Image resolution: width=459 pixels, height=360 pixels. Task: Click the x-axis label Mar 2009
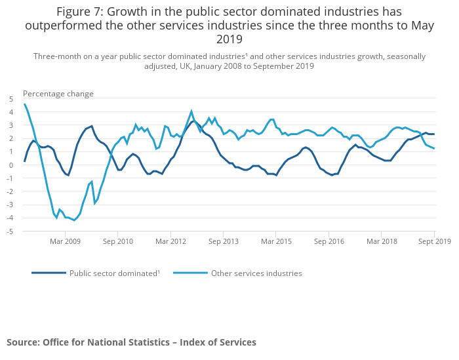pyautogui.click(x=64, y=241)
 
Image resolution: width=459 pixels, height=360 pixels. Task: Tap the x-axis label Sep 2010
pyautogui.click(x=117, y=241)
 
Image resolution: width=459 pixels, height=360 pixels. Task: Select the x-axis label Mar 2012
pyautogui.click(x=170, y=241)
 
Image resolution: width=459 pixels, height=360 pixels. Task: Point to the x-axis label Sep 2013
pyautogui.click(x=224, y=241)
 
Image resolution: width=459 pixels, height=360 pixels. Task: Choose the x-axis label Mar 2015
pyautogui.click(x=276, y=241)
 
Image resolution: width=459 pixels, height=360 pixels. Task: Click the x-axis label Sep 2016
pyautogui.click(x=329, y=241)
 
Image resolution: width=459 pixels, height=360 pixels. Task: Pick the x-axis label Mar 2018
pyautogui.click(x=382, y=241)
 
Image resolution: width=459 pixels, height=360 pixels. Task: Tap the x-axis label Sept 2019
pyautogui.click(x=433, y=241)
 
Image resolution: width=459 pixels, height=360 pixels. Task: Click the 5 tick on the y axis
pyautogui.click(x=10, y=99)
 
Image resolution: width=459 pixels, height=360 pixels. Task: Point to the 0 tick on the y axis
pyautogui.click(x=10, y=165)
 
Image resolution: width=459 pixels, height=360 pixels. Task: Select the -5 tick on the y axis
pyautogui.click(x=9, y=231)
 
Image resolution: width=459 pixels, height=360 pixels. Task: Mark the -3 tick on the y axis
pyautogui.click(x=9, y=205)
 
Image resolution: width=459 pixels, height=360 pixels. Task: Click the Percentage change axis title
pyautogui.click(x=58, y=94)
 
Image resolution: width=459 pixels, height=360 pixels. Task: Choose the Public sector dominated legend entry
pyautogui.click(x=114, y=273)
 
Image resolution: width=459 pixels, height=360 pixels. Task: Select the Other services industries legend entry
pyautogui.click(x=256, y=273)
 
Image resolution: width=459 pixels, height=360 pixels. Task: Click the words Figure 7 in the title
pyautogui.click(x=79, y=12)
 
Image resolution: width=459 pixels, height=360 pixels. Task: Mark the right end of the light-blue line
pyautogui.click(x=434, y=148)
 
